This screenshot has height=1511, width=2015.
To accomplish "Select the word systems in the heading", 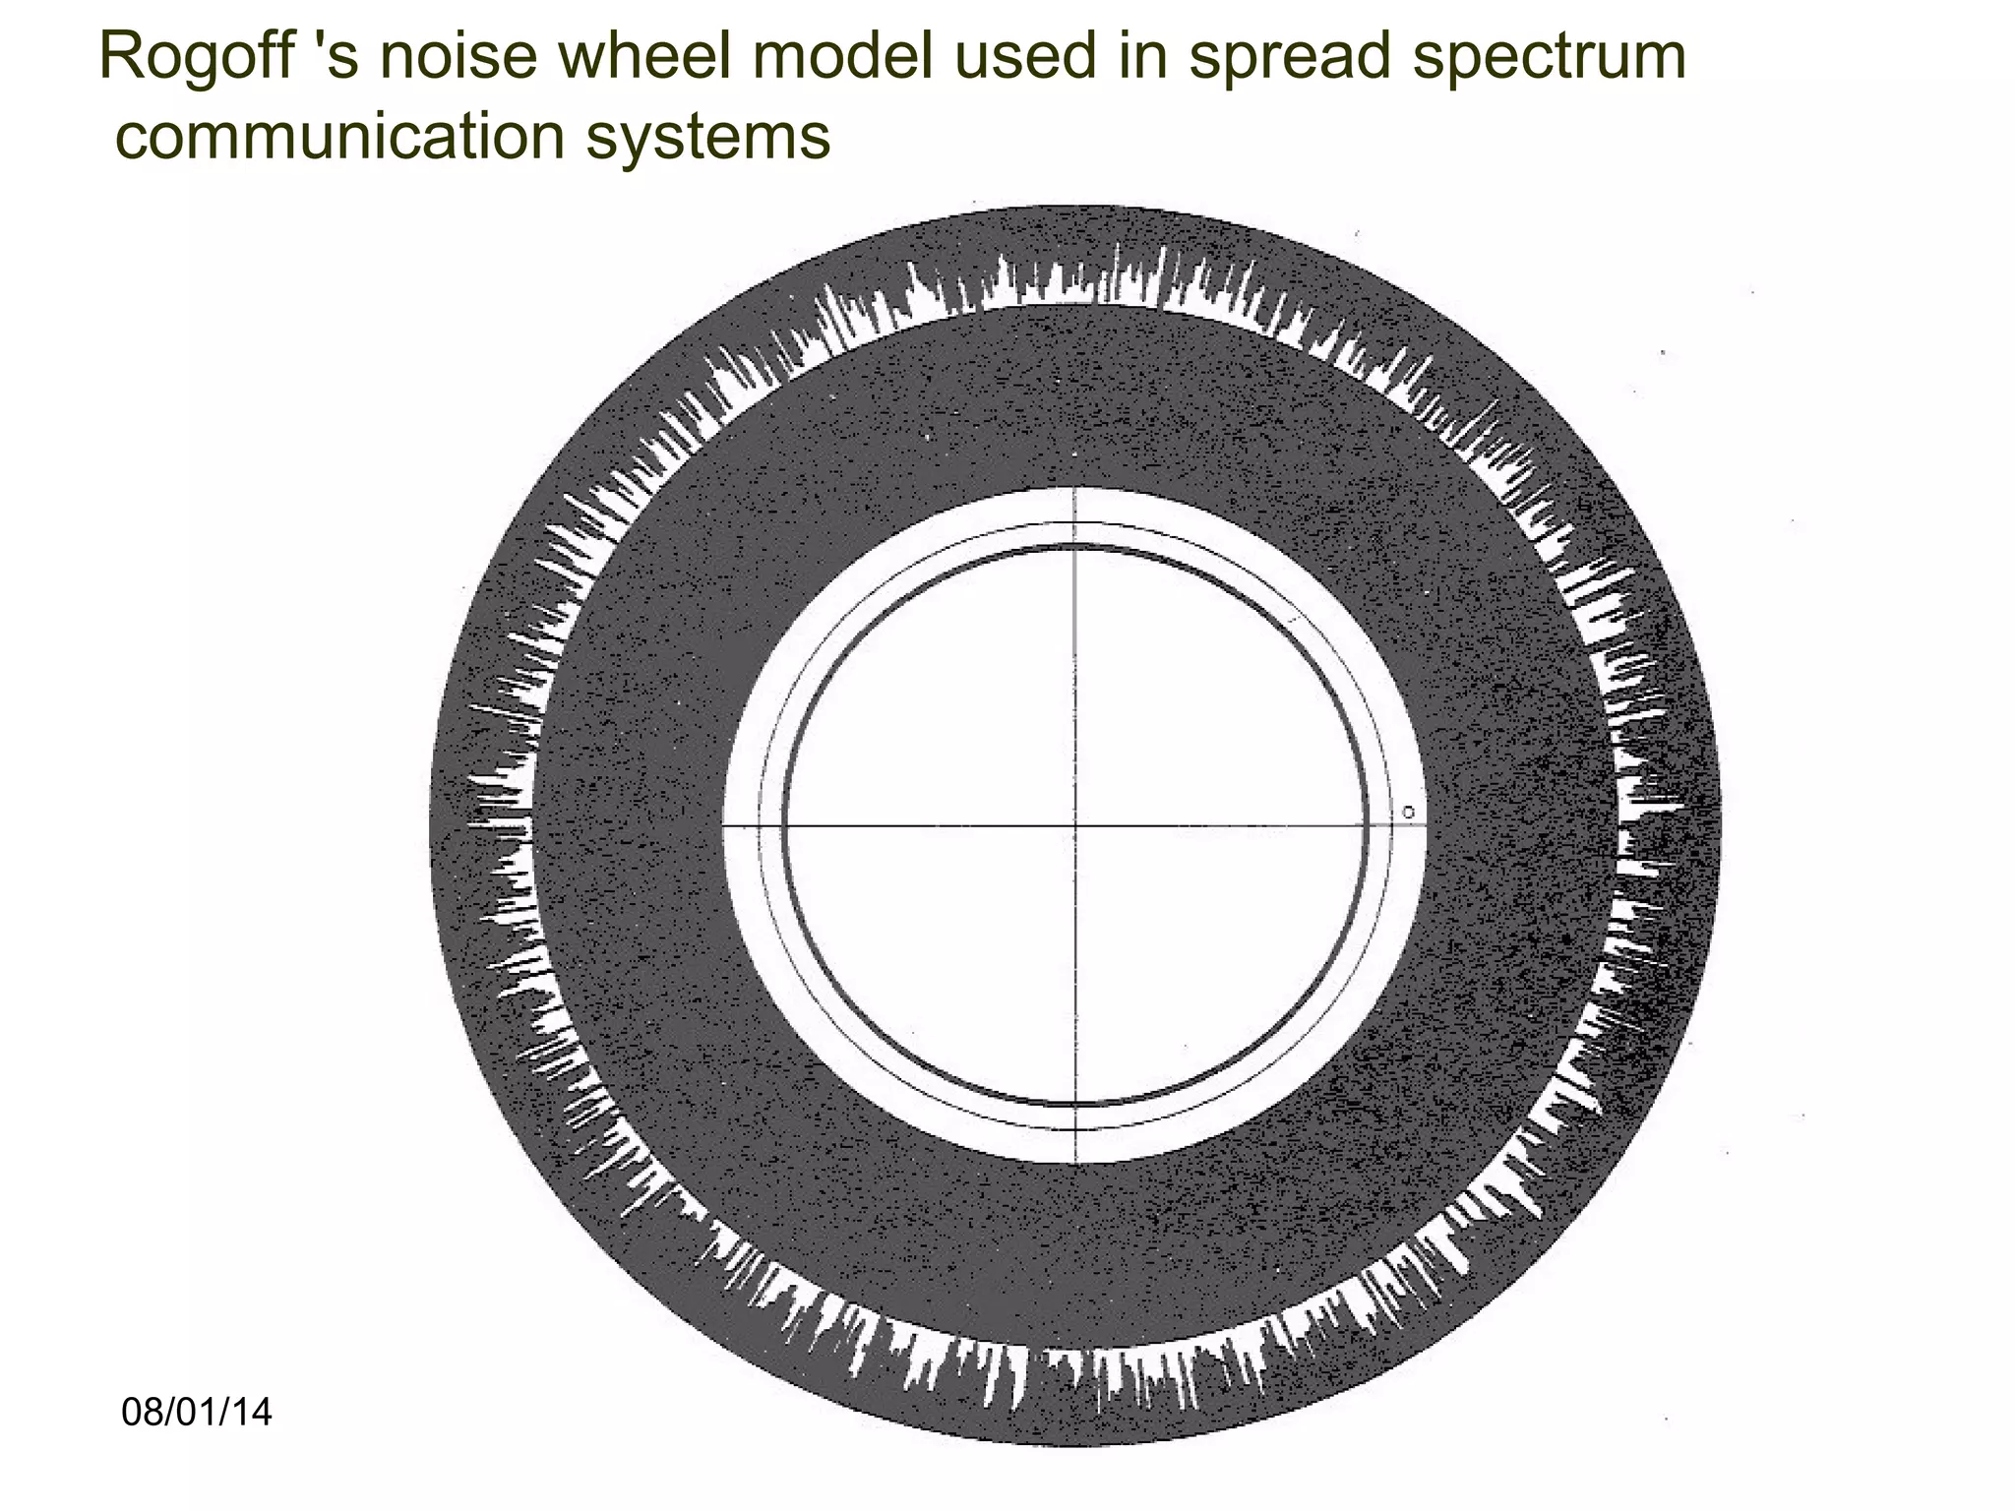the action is point(708,138).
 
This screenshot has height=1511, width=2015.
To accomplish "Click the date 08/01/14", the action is point(197,1413).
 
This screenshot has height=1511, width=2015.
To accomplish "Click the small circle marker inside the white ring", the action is point(1409,813).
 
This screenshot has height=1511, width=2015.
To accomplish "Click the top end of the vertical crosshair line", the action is point(1075,489).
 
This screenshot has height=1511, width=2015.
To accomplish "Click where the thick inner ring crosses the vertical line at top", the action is point(1075,548).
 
